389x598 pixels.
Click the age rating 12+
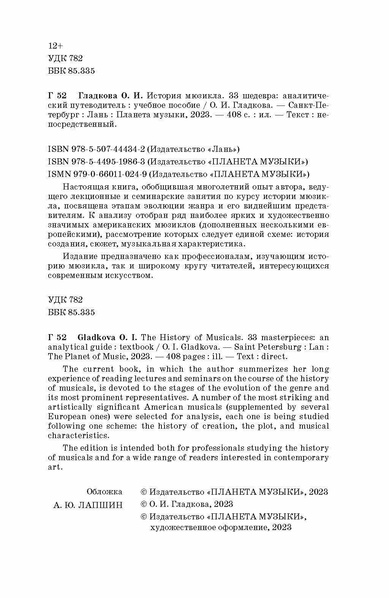click(55, 46)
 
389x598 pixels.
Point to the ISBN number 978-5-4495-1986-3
click(108, 162)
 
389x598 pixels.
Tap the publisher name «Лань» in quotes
click(226, 149)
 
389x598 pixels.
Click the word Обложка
click(104, 492)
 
